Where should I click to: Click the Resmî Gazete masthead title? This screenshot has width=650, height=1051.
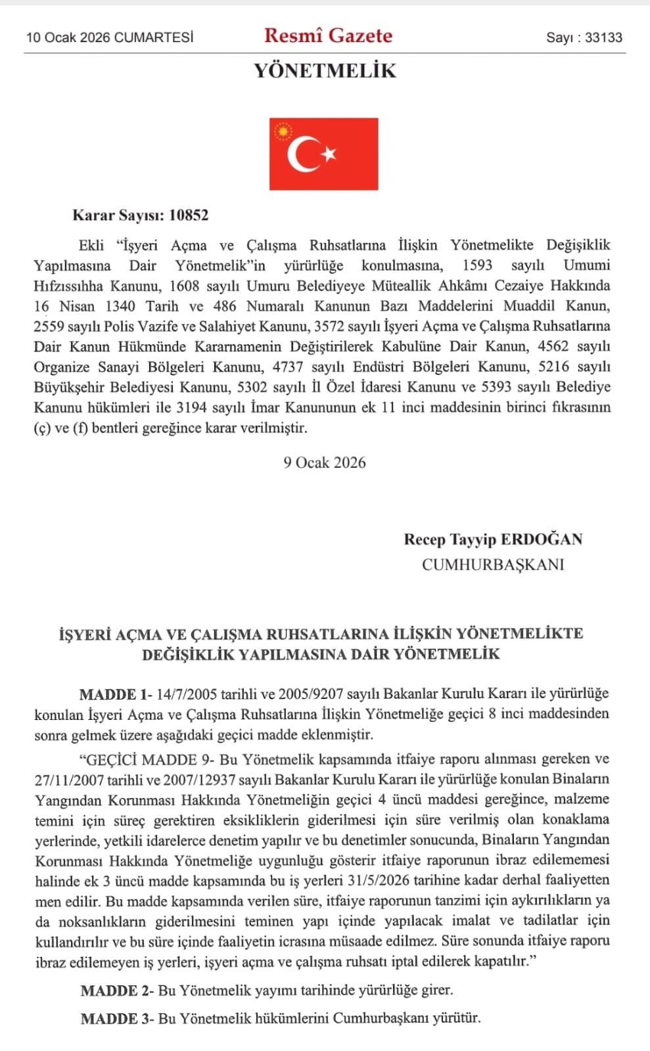point(328,35)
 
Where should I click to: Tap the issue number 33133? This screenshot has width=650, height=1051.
point(603,37)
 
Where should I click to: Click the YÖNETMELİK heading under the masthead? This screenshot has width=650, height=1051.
point(325,71)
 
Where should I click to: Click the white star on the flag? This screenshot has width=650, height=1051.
point(329,154)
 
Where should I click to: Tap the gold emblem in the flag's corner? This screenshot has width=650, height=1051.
point(283,132)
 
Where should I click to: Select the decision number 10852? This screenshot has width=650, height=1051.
point(189,215)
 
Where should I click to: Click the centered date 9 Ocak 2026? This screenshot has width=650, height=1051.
point(325,463)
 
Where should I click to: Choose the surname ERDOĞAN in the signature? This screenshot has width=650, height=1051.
point(542,540)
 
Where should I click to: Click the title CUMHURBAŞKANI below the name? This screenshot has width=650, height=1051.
point(493,565)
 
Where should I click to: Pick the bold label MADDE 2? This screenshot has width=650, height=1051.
point(109,991)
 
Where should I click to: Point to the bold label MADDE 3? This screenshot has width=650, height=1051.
point(109,1019)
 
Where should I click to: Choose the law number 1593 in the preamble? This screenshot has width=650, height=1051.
point(477,265)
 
